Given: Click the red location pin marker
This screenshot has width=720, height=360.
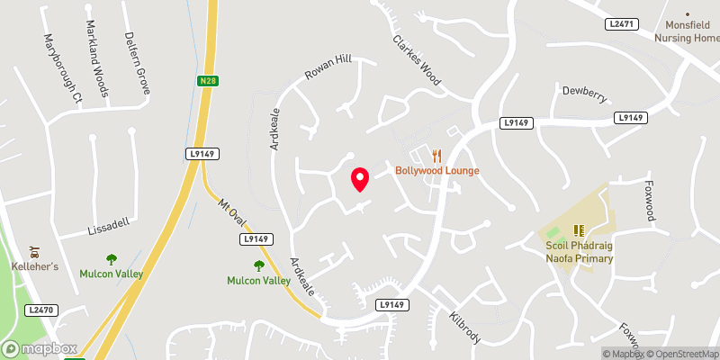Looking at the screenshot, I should pyautogui.click(x=360, y=179).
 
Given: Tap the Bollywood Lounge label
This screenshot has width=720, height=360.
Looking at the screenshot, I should pyautogui.click(x=436, y=171).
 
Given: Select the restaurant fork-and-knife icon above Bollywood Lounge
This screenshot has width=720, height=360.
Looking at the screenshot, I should pyautogui.click(x=437, y=156).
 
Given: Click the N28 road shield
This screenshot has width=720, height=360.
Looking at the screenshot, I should pyautogui.click(x=208, y=82).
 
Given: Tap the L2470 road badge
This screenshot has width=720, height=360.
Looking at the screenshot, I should pyautogui.click(x=40, y=310).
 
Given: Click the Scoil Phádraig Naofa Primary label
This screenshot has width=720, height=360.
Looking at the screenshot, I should pyautogui.click(x=579, y=252).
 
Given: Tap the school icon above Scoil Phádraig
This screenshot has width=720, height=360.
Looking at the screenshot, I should pyautogui.click(x=580, y=230).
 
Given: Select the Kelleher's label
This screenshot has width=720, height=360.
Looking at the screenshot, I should pyautogui.click(x=34, y=267).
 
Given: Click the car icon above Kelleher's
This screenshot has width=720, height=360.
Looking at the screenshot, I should pyautogui.click(x=34, y=251).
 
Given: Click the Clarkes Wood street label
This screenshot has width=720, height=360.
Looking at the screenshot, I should pyautogui.click(x=416, y=60).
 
